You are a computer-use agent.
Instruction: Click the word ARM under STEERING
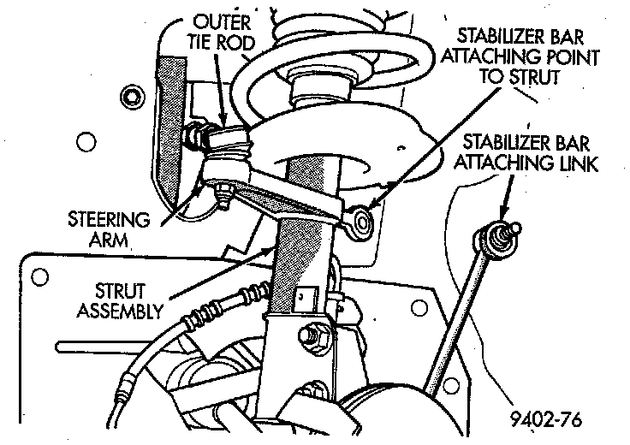(x=108, y=240)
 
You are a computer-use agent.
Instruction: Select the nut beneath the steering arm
(x=224, y=199)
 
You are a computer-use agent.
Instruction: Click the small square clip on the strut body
(x=302, y=300)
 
